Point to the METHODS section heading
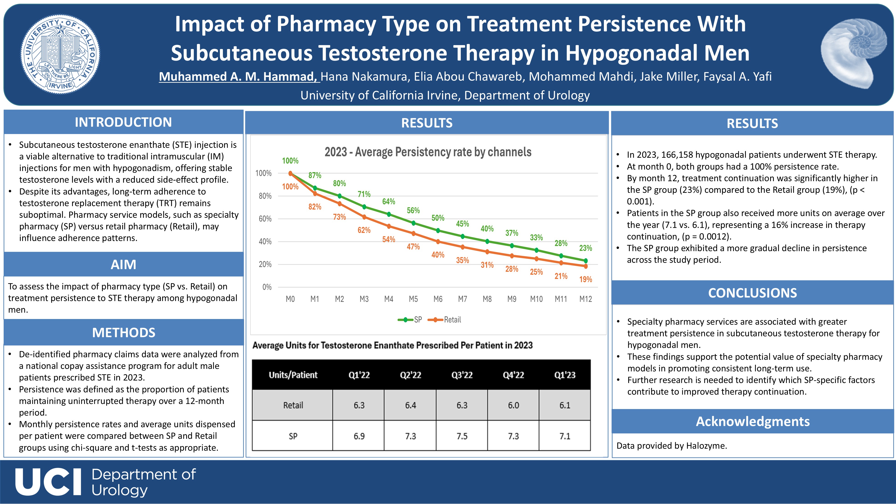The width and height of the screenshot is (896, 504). click(124, 332)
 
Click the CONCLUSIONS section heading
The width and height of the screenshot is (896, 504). click(752, 293)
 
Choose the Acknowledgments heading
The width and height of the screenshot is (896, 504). click(752, 421)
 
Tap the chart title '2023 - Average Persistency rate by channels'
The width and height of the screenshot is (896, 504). click(428, 152)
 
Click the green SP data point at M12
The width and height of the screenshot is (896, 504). click(586, 260)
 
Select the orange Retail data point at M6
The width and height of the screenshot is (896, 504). click(438, 241)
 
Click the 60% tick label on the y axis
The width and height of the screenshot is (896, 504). click(265, 219)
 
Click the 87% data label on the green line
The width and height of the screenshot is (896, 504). click(315, 175)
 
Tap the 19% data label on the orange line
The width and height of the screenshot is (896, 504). click(585, 279)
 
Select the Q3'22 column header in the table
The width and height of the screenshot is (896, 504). click(462, 375)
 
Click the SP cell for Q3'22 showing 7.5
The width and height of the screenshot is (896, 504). click(462, 436)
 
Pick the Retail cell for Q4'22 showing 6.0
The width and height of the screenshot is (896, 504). click(513, 405)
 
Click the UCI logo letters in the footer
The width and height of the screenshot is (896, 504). click(48, 482)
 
